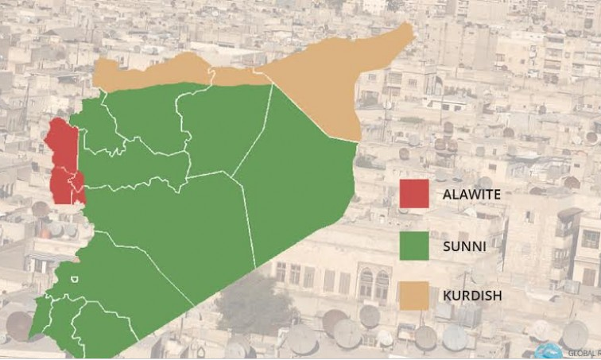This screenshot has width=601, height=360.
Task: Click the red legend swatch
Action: coord(413,194)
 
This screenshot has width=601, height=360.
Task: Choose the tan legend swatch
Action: coord(413,295)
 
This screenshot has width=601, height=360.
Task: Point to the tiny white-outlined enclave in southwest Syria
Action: coord(74,279)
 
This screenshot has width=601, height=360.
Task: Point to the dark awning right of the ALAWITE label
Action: coord(569,215)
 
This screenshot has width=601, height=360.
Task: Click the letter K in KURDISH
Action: coord(445,296)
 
